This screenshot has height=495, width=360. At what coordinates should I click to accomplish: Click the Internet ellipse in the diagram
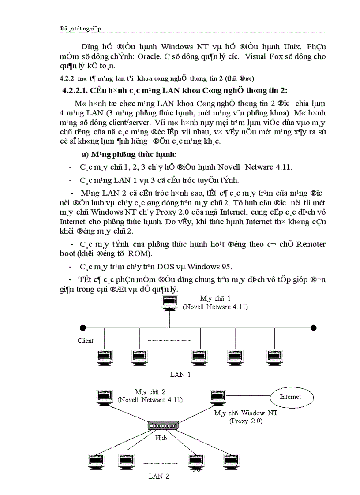click(290, 397)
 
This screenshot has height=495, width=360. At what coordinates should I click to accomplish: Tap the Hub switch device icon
click(164, 427)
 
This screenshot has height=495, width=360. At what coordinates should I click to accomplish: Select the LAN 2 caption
click(159, 476)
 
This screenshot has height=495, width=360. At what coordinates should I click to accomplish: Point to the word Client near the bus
click(86, 341)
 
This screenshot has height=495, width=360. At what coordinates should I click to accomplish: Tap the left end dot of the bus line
click(82, 328)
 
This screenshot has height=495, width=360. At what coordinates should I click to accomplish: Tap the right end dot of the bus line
click(313, 328)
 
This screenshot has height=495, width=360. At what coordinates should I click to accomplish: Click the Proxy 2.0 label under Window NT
click(246, 421)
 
